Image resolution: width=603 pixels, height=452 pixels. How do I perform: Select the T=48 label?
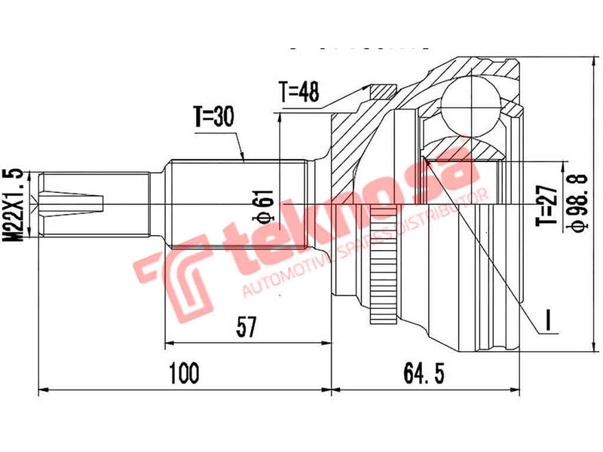[x=299, y=92]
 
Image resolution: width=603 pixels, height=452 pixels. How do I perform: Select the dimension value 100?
[x=184, y=371]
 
